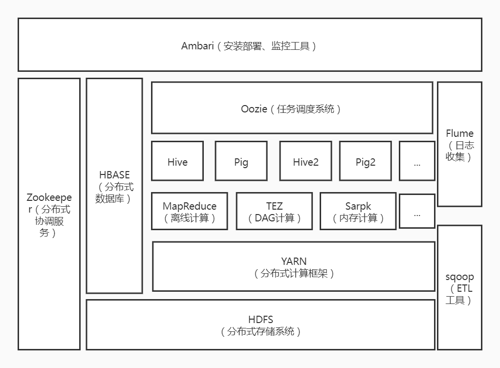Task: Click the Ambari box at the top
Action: (250, 45)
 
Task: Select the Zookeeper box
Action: (49, 214)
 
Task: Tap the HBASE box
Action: (114, 186)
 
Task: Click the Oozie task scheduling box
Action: (292, 108)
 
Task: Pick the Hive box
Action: (177, 161)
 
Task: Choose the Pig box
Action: (241, 161)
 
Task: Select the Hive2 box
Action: (305, 161)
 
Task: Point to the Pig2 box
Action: (365, 161)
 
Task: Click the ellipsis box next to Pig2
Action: (417, 161)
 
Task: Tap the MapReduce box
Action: (190, 211)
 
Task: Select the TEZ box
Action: (274, 211)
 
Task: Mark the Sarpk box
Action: (358, 211)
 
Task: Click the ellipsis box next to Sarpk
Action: (417, 211)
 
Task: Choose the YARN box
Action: (294, 266)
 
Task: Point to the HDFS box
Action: (261, 325)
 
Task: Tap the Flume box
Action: (459, 144)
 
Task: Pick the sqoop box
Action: (459, 287)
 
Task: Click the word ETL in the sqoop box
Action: (464, 288)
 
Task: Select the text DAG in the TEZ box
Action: (266, 218)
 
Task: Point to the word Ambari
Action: (197, 46)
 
